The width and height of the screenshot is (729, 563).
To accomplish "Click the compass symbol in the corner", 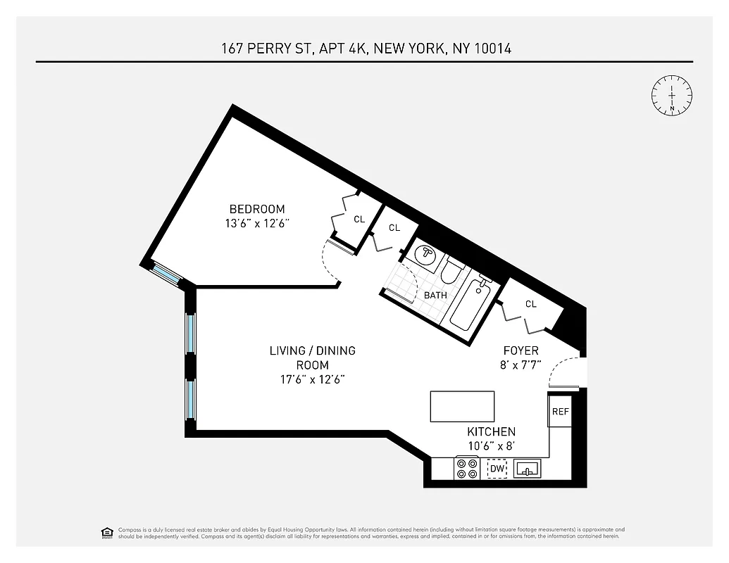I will [672, 94].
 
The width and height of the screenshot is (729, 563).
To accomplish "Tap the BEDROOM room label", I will [257, 209].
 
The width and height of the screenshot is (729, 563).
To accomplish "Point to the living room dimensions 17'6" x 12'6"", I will [313, 379].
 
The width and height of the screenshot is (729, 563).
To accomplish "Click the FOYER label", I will [521, 350].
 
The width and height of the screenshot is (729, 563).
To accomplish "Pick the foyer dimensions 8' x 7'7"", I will [521, 365].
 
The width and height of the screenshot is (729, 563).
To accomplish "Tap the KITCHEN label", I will [491, 431].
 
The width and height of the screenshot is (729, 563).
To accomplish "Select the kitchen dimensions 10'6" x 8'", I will [491, 446].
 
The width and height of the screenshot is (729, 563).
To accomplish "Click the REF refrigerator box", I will [561, 412].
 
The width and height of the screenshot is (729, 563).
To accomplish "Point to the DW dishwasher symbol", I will [497, 469].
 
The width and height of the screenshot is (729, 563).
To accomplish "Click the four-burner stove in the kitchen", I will [466, 468].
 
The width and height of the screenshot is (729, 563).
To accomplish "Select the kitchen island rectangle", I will [462, 406].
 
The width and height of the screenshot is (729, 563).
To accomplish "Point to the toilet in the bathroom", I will [451, 272].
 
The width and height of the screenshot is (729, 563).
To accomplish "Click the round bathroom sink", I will [425, 254].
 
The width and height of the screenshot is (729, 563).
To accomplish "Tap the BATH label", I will [435, 296].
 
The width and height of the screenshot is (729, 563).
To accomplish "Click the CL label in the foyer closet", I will [530, 304].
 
